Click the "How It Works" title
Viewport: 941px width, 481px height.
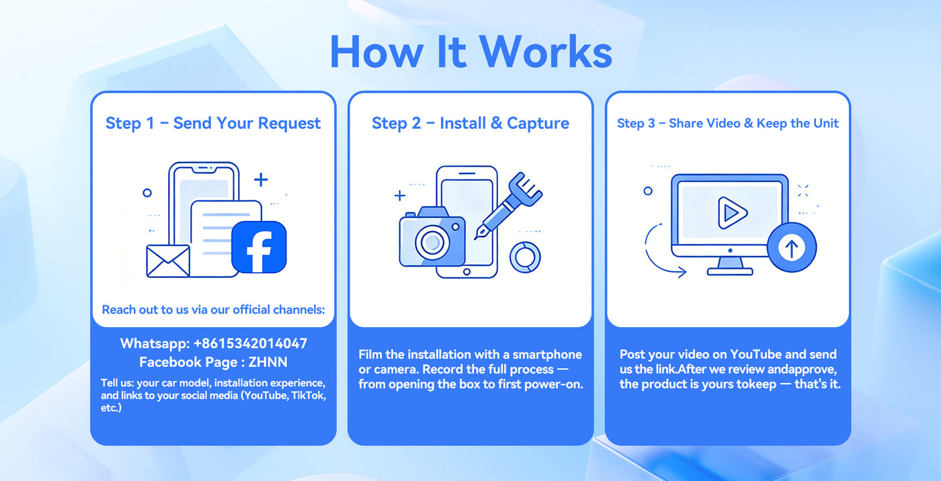(471, 52)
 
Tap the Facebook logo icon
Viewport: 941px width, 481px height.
(259, 247)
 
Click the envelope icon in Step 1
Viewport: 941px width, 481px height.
(168, 261)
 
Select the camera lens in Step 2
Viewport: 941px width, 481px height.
(432, 242)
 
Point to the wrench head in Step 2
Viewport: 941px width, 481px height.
(526, 189)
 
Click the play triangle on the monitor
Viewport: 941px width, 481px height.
(732, 213)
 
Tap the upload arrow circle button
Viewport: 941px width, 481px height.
(792, 247)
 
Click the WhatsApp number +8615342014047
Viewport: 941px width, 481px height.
(250, 343)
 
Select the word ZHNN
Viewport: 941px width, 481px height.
(268, 362)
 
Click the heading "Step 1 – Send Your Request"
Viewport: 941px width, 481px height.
(213, 124)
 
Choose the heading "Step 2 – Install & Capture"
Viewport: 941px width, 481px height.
(470, 124)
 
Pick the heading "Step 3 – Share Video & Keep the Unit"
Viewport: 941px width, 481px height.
(727, 124)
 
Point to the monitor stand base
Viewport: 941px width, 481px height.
(730, 271)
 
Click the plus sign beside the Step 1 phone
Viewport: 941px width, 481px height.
(261, 179)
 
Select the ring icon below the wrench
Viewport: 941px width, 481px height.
(525, 257)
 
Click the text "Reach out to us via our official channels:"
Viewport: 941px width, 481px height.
(214, 310)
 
